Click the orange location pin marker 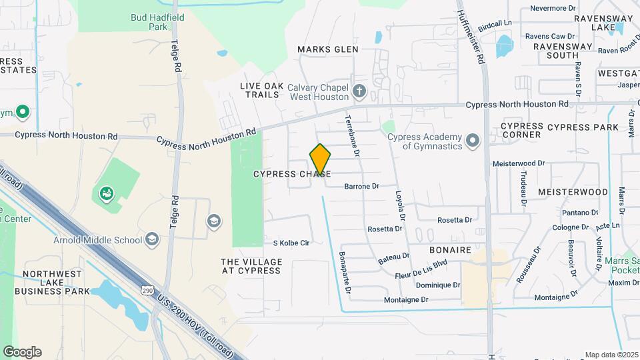[320, 160]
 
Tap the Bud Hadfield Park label [149, 22]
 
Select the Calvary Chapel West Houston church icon [359, 91]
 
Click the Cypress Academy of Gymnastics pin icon [473, 141]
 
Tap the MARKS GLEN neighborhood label [328, 49]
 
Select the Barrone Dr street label [361, 187]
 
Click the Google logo [22, 352]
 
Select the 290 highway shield [148, 290]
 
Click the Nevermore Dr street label [553, 9]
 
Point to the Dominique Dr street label [438, 285]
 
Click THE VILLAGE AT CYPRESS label [251, 266]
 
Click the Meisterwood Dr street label [519, 163]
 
